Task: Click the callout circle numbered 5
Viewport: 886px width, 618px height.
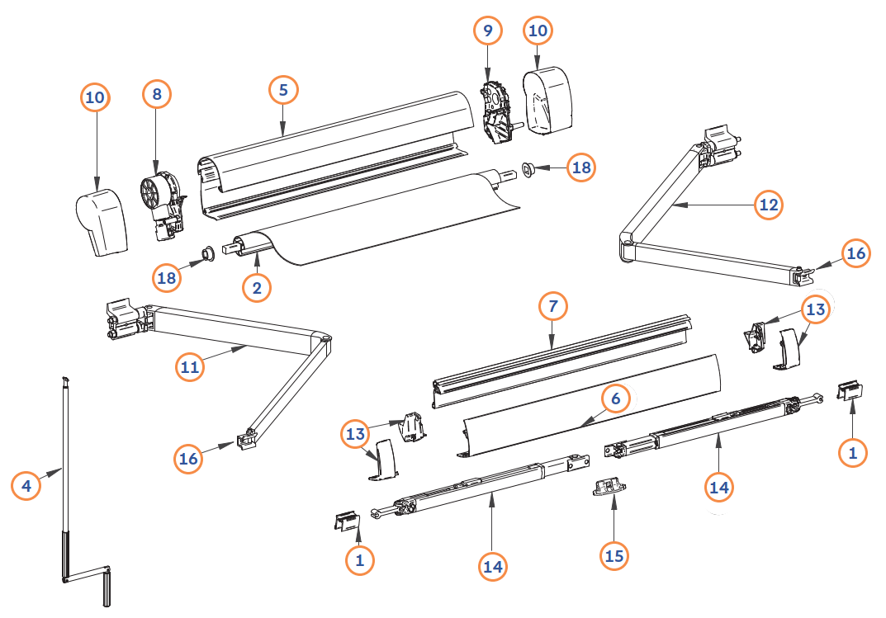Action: click(283, 90)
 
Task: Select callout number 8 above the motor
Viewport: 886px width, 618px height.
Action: click(157, 94)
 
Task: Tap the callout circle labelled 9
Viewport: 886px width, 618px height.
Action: click(488, 31)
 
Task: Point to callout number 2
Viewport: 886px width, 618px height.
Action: click(257, 288)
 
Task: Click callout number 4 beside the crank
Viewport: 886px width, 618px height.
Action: click(26, 485)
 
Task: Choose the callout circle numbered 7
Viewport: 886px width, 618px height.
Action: click(552, 306)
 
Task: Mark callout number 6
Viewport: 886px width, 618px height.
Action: click(615, 399)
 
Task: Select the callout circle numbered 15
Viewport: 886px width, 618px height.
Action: click(614, 556)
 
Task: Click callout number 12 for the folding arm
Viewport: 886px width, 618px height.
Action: click(769, 205)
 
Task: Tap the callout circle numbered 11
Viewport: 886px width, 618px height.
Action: click(189, 367)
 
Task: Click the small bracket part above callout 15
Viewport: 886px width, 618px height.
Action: click(609, 487)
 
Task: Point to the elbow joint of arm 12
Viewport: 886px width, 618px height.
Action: click(628, 248)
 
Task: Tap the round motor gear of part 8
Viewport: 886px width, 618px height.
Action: click(153, 193)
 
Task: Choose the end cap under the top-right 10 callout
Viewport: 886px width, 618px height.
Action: click(547, 101)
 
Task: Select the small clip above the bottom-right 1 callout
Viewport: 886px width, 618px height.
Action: click(850, 390)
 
